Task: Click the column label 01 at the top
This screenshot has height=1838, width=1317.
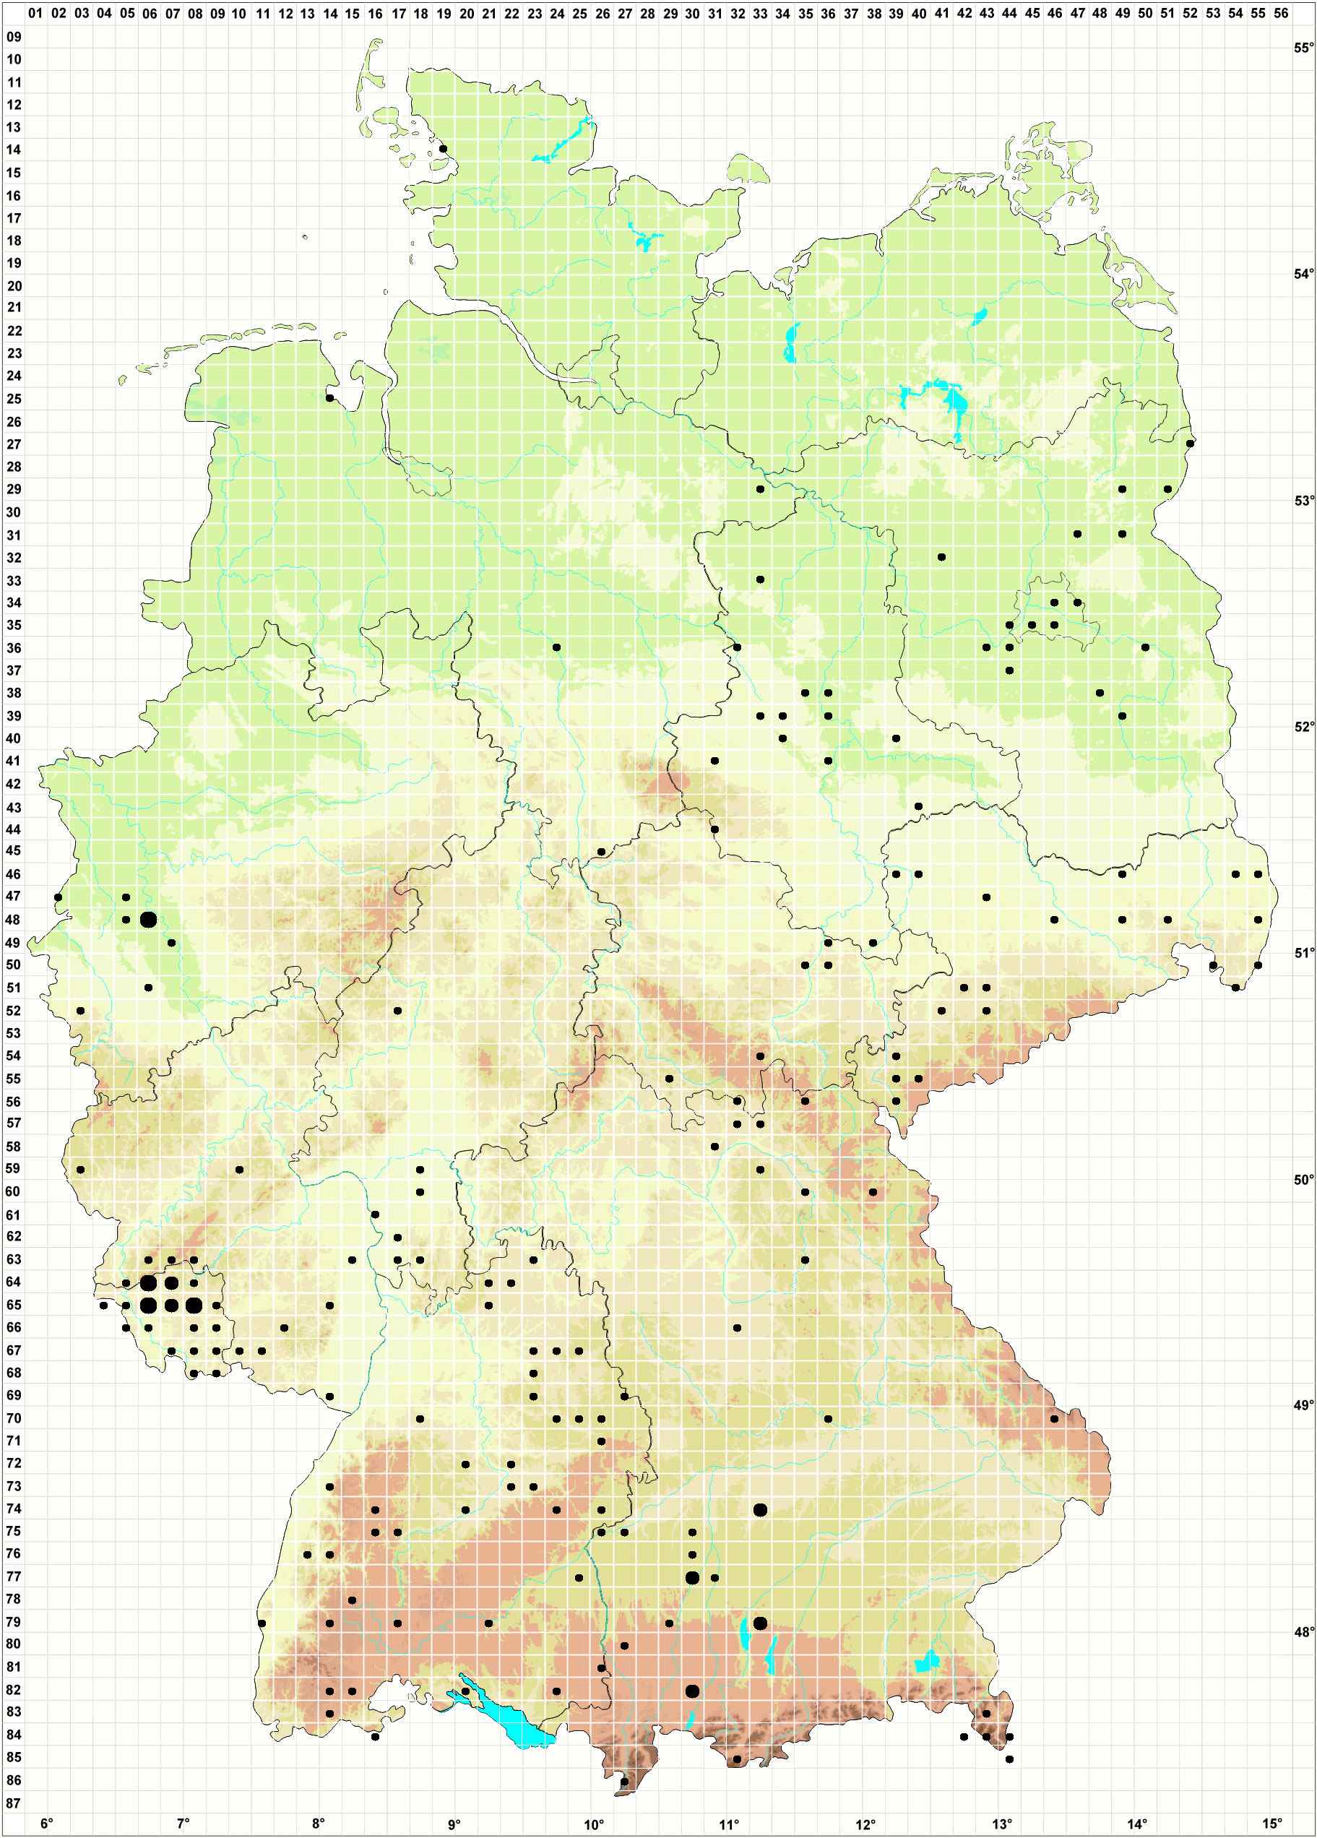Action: (x=35, y=14)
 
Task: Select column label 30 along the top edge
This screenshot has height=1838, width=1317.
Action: (x=692, y=14)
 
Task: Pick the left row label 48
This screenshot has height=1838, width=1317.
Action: (x=14, y=920)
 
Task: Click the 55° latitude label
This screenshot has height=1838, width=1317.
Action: (x=1303, y=48)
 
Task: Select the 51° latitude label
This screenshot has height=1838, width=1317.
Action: (x=1303, y=953)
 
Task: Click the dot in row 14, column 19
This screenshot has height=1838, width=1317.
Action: (x=444, y=149)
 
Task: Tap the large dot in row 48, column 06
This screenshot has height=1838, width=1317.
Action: (x=148, y=919)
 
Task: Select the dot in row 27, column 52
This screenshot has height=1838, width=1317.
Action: (x=1190, y=444)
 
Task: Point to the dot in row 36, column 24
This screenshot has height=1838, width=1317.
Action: (x=557, y=647)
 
